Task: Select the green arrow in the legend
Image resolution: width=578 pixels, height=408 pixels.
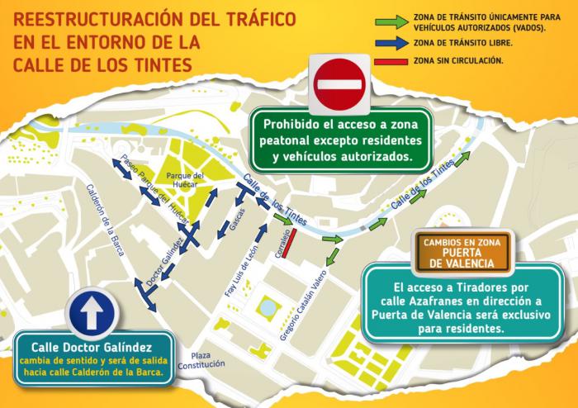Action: tap(391, 20)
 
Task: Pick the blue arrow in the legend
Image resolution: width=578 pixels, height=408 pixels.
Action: tap(391, 41)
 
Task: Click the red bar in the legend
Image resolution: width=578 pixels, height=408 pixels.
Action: tap(391, 61)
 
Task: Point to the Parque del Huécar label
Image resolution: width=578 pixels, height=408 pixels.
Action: tap(185, 179)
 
